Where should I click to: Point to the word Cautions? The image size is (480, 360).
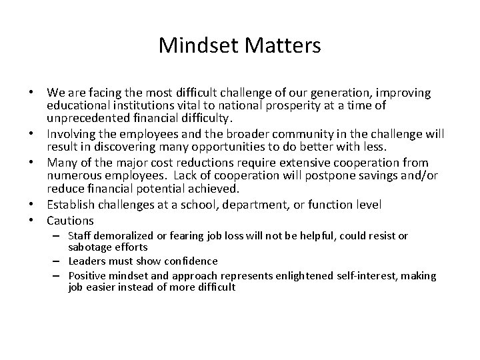click(70, 221)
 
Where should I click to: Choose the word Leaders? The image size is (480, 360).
click(86, 260)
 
